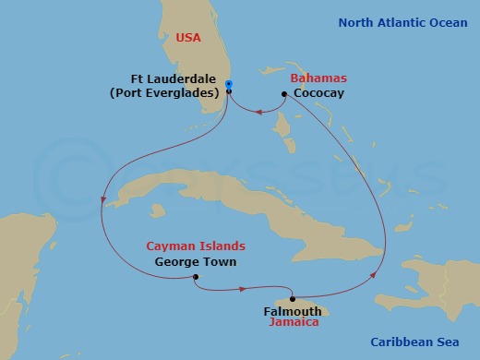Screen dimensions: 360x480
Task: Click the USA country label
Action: click(189, 38)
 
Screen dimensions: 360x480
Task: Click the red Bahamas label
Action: click(313, 80)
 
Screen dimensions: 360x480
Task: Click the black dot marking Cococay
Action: click(283, 93)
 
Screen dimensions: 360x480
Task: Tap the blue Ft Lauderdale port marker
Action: click(229, 85)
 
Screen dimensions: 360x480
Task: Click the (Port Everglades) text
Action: click(175, 92)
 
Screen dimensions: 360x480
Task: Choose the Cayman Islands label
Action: click(197, 246)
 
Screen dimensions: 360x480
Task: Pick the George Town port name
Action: click(196, 261)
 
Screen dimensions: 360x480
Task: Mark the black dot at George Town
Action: click(197, 277)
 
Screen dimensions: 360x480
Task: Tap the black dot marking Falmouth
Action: click(293, 299)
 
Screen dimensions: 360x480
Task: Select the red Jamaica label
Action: click(293, 323)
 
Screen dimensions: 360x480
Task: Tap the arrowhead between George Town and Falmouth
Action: click(243, 290)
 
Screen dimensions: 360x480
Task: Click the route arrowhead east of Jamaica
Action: click(373, 274)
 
